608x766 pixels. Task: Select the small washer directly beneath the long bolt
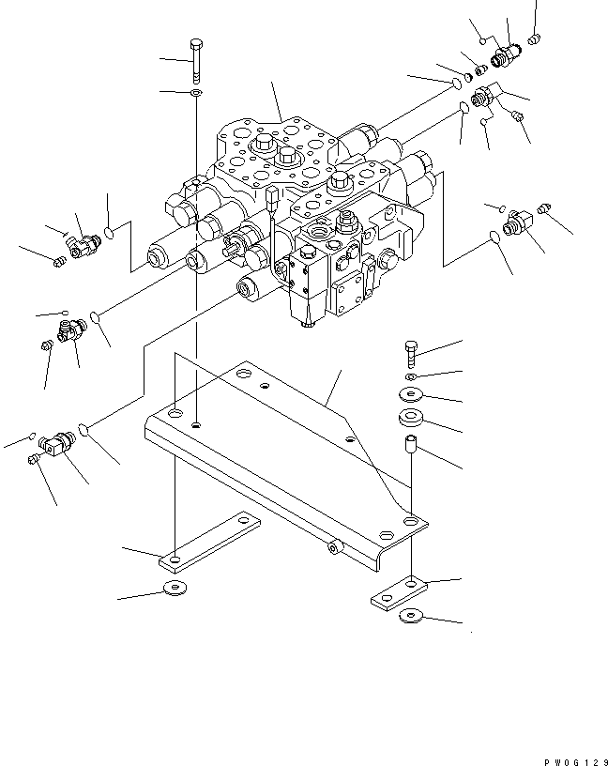(x=194, y=94)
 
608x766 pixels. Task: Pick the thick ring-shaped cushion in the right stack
(x=410, y=418)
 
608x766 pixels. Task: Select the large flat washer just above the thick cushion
(x=410, y=393)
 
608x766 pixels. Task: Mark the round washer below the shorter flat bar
(x=410, y=617)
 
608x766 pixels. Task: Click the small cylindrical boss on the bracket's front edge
(x=335, y=544)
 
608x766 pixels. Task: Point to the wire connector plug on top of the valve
(x=272, y=199)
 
